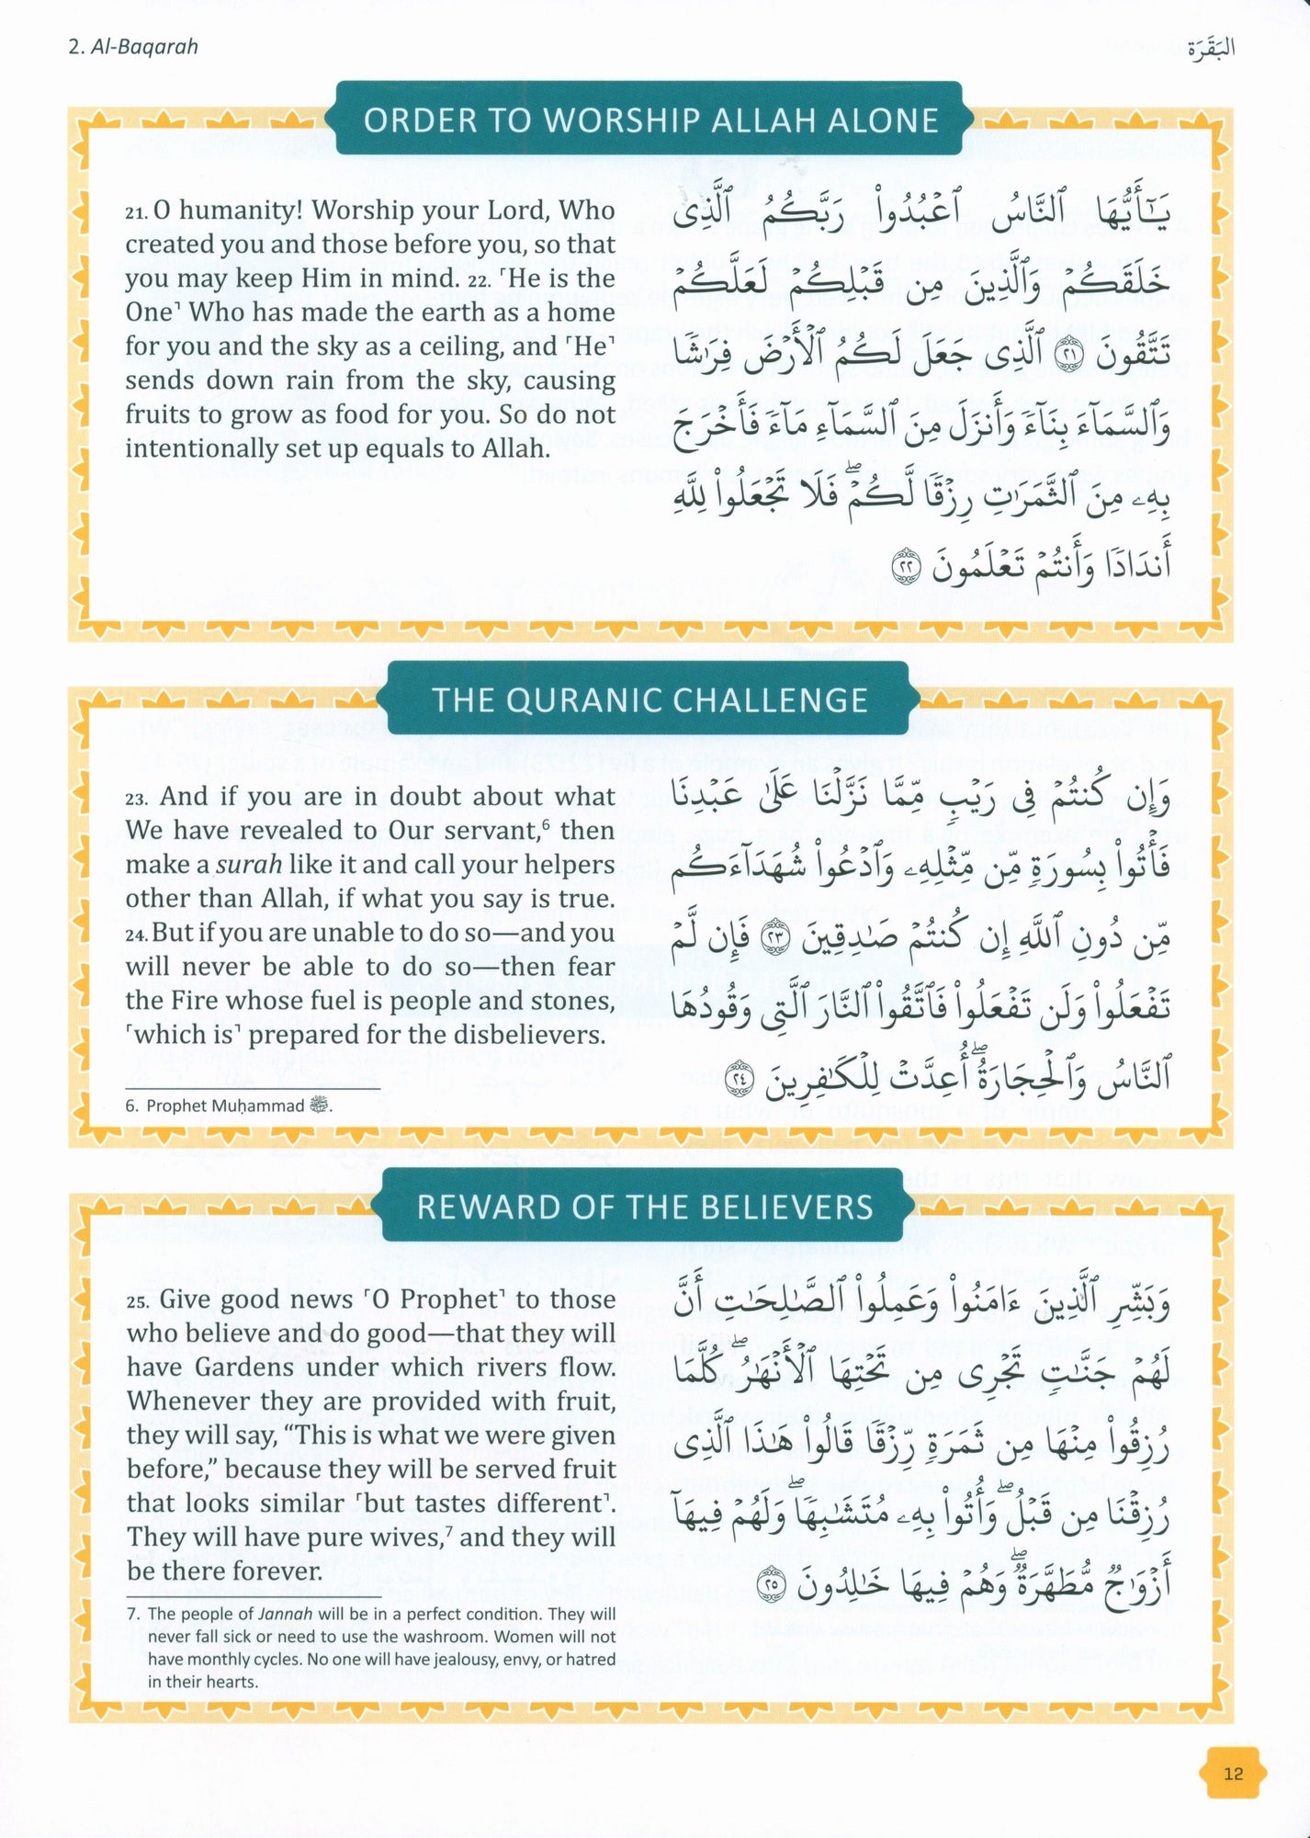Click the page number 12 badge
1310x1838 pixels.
click(x=1233, y=1774)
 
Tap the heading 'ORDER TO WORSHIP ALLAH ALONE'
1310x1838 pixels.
click(x=650, y=120)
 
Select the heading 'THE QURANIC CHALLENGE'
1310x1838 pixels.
click(x=649, y=700)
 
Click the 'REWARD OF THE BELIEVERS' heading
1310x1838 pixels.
click(x=645, y=1207)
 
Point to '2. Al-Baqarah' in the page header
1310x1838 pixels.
click(x=133, y=47)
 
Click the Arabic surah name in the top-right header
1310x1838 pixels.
click(x=1210, y=48)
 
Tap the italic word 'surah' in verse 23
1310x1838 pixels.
click(x=248, y=866)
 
